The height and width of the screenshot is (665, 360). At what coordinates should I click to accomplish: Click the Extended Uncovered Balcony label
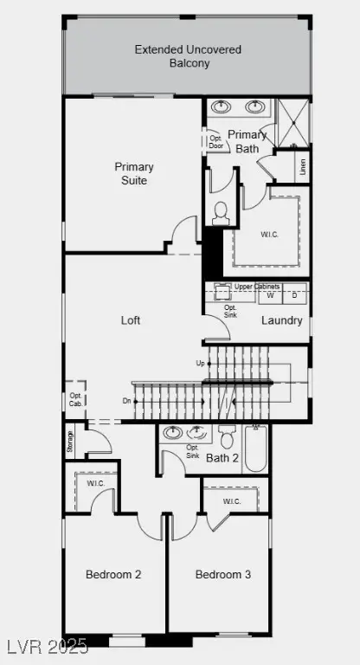click(188, 56)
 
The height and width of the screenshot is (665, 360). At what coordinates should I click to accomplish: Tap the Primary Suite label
click(134, 173)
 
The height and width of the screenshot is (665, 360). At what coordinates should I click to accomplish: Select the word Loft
click(131, 320)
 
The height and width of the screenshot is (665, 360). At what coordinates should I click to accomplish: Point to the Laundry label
click(282, 320)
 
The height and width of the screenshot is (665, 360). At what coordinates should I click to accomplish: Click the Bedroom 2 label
click(113, 575)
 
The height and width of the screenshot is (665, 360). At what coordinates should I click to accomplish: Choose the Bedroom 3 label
click(223, 575)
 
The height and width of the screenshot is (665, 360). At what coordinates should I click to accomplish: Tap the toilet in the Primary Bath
click(221, 213)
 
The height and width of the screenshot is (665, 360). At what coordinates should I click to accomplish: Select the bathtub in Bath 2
click(255, 449)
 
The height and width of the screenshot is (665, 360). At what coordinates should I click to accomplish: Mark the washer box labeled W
click(270, 295)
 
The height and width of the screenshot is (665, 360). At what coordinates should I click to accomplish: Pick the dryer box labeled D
click(295, 295)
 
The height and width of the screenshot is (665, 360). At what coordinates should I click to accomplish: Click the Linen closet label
click(303, 167)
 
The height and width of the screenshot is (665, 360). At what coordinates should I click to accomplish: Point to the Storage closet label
click(70, 441)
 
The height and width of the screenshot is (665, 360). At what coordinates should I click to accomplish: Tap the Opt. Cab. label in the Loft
click(75, 399)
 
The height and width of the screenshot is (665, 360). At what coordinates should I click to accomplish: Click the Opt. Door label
click(215, 142)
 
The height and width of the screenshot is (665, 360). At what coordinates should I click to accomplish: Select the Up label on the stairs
click(201, 364)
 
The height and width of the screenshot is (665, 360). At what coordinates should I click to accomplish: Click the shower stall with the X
click(292, 124)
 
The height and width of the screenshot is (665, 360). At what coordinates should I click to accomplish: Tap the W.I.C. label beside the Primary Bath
click(269, 235)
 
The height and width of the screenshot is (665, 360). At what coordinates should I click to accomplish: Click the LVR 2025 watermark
click(44, 646)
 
